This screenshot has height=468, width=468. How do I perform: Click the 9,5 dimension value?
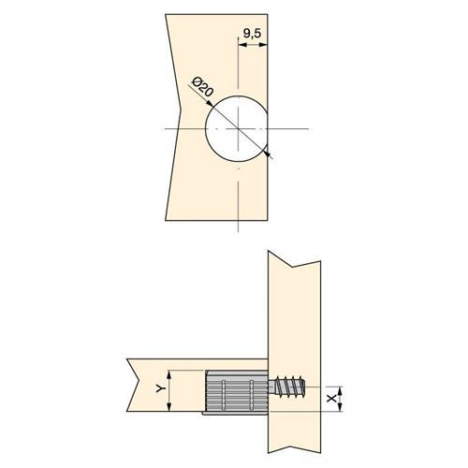(x=252, y=33)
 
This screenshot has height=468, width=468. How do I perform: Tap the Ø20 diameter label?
(x=203, y=87)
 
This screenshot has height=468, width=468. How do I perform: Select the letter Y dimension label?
(x=160, y=388)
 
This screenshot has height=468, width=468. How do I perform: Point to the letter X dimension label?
(x=331, y=398)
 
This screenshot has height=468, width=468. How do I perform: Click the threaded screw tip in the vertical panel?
(x=287, y=387)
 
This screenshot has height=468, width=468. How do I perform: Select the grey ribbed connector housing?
(x=236, y=391)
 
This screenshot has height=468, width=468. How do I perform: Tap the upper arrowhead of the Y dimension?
(x=169, y=374)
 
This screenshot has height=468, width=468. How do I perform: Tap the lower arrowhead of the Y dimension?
(x=169, y=407)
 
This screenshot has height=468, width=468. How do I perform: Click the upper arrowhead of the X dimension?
(x=341, y=391)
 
